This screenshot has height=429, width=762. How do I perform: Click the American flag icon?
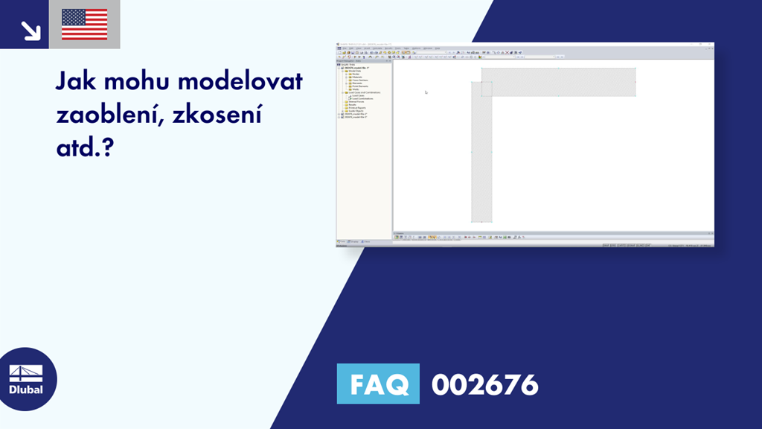coord(84,25)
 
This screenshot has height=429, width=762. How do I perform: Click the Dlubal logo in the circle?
coord(25,379)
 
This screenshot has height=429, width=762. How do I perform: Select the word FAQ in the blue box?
coord(377,384)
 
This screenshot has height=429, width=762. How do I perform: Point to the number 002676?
coord(484,384)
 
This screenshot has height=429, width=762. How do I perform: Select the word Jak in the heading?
coord(79,81)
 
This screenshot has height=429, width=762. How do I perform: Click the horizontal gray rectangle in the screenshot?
coord(566,82)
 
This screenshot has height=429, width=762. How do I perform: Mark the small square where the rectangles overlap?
coord(487,89)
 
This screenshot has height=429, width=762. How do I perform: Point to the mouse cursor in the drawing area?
coord(426,92)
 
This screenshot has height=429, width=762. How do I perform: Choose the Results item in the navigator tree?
coord(353,105)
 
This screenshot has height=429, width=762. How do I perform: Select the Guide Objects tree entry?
coord(356,111)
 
